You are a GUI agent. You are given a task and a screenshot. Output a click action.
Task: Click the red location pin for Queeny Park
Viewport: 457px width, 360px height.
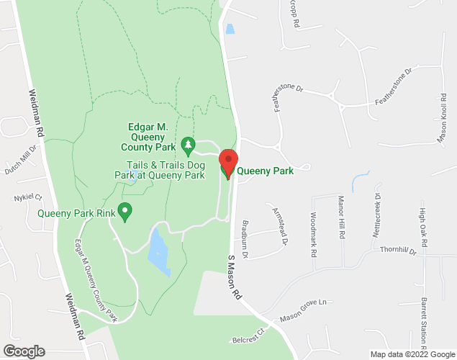tap(228, 161)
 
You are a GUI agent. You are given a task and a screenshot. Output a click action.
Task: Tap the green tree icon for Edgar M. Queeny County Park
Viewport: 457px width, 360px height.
tap(188, 146)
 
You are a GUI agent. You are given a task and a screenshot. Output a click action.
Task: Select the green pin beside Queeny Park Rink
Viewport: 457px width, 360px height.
tap(125, 212)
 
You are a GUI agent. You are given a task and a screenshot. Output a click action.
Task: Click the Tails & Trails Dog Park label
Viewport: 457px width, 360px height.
tap(161, 170)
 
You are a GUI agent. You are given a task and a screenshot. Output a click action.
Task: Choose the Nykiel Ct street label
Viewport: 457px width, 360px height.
tap(28, 197)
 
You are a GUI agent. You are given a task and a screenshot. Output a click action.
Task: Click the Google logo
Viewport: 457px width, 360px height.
tap(23, 351)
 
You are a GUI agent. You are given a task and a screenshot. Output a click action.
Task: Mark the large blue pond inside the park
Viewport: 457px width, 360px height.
tap(158, 251)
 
